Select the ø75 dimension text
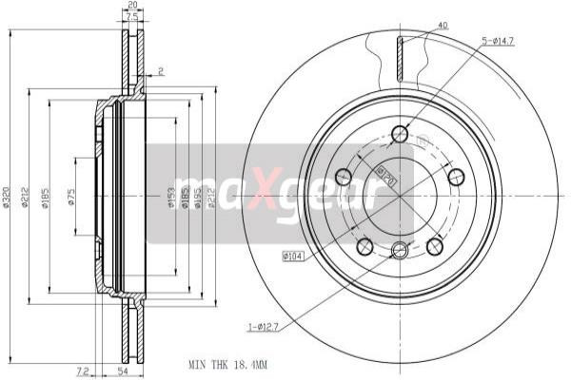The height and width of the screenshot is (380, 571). (72, 198)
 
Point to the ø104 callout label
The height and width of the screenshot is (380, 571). (292, 256)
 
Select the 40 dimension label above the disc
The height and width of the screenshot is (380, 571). (443, 26)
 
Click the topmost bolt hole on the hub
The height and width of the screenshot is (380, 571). (400, 134)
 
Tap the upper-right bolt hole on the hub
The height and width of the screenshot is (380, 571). (456, 176)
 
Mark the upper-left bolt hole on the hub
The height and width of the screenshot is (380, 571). (344, 176)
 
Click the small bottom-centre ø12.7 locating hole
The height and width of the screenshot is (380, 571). (400, 250)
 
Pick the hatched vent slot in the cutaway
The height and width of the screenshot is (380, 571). (401, 60)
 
